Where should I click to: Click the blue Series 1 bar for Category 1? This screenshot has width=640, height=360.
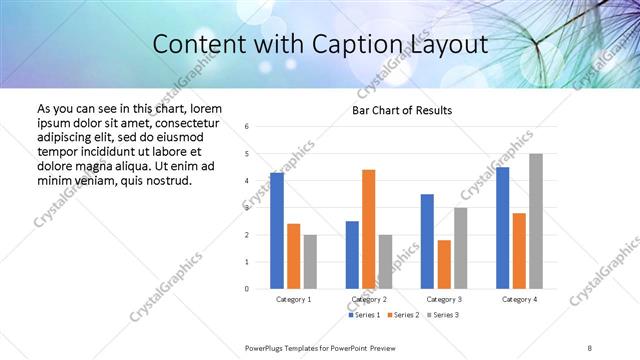277,231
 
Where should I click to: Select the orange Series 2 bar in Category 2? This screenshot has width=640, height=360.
369,229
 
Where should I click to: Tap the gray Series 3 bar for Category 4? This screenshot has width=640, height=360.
536,221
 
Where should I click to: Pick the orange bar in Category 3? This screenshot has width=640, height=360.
444,264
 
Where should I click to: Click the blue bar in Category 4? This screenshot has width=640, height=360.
502,228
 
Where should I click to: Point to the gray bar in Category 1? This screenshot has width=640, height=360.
310,262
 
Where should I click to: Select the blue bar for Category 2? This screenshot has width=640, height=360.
352,255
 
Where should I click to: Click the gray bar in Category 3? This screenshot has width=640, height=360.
460,248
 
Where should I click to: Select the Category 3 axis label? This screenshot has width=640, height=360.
443,299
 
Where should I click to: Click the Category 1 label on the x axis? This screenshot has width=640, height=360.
294,299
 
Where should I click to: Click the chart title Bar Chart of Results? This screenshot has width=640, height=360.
402,110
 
